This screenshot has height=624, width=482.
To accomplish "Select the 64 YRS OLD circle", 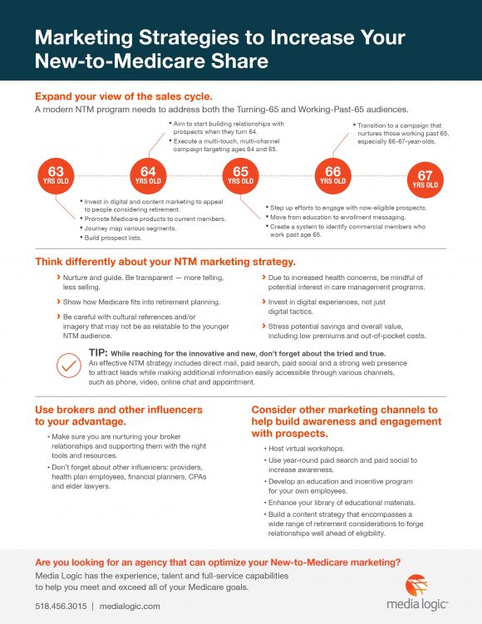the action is pyautogui.click(x=148, y=177).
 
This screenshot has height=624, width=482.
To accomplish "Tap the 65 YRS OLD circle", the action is pyautogui.click(x=241, y=177).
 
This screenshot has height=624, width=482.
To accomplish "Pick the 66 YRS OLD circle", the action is pyautogui.click(x=333, y=177).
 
